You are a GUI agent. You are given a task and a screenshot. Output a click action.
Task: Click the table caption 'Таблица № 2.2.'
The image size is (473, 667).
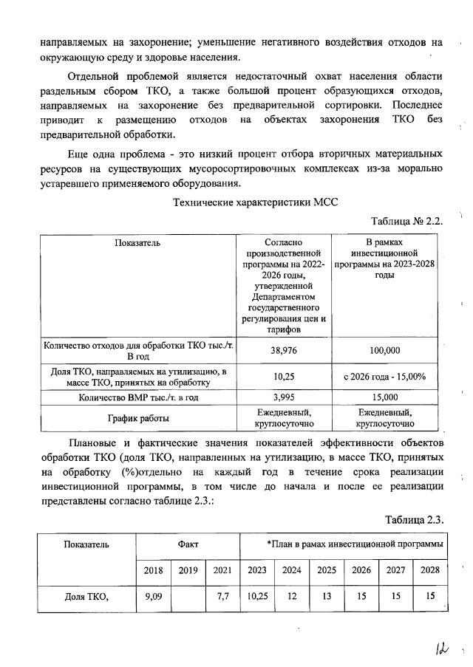coord(406,221)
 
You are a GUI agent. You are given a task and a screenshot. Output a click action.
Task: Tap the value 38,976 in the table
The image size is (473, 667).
coord(285,351)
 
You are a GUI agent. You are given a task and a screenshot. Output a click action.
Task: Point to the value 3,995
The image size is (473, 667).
coord(285,397)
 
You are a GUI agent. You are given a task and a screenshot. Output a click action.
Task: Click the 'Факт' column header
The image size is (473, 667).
coord(188,544)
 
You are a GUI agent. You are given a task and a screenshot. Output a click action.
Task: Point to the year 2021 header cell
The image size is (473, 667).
coord(222,569)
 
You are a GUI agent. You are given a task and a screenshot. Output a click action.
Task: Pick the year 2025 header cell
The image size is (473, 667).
coord(326,569)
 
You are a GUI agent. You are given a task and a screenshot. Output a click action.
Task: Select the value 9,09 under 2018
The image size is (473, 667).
coord(153,596)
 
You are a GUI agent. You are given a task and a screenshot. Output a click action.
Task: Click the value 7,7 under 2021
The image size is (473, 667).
coord(222,596)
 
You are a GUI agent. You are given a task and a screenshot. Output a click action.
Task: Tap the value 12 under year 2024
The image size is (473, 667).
coord(292,596)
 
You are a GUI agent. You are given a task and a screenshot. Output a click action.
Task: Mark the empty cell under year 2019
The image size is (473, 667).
coord(188,596)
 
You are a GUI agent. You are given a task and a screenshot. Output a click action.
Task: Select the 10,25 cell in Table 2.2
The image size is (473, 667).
coord(285,377)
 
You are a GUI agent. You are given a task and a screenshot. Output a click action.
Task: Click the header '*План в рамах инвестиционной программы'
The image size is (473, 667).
coord(355,544)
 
